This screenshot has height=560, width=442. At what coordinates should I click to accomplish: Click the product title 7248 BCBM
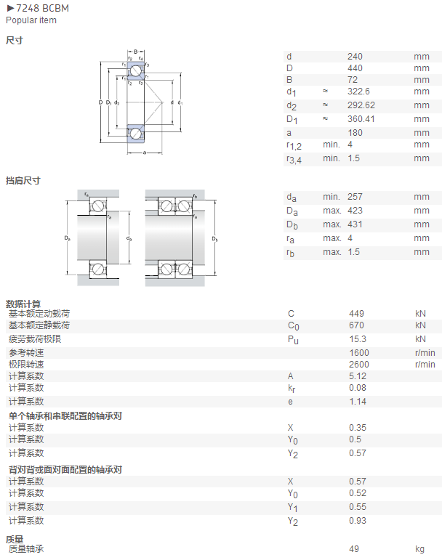click(42, 8)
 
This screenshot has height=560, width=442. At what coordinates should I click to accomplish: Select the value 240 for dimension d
click(355, 57)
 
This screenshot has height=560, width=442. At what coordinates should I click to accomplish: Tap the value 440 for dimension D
click(355, 68)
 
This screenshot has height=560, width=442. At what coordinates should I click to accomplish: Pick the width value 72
click(353, 80)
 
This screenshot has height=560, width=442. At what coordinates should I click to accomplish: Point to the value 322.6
click(358, 92)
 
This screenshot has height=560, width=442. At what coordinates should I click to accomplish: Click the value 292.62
click(361, 105)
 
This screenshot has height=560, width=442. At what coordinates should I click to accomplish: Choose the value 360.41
click(361, 119)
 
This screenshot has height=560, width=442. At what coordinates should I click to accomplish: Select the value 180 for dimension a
click(355, 133)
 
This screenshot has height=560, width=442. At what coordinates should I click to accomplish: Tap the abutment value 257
click(355, 197)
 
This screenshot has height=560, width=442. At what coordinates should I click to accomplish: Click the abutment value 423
click(355, 211)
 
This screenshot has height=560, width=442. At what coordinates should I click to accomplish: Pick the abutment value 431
click(355, 224)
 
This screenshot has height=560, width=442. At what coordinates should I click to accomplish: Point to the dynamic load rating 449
click(357, 314)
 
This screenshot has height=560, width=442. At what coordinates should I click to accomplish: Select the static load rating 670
click(357, 325)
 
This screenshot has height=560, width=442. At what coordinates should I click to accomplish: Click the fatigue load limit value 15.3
click(358, 339)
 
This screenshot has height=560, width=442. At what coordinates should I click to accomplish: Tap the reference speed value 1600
click(359, 353)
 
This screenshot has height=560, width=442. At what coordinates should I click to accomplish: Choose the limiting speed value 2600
click(359, 365)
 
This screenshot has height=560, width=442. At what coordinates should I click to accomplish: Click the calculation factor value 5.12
click(358, 376)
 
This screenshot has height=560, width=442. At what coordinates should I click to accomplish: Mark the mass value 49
click(354, 549)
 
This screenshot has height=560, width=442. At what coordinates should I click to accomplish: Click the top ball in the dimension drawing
click(135, 71)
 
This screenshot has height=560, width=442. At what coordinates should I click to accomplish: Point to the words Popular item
click(31, 20)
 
